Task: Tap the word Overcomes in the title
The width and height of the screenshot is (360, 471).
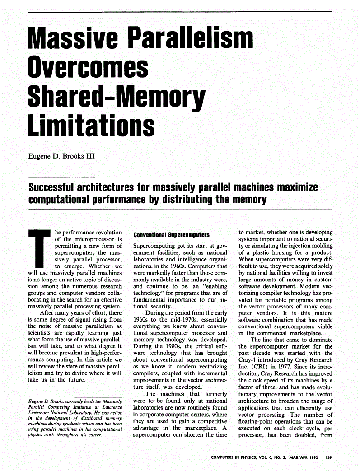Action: click(88, 68)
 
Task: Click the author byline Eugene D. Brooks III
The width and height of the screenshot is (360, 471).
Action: click(63, 157)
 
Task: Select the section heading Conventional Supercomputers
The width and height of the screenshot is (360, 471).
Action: click(172, 235)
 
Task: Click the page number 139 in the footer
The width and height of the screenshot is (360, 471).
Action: click(328, 458)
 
